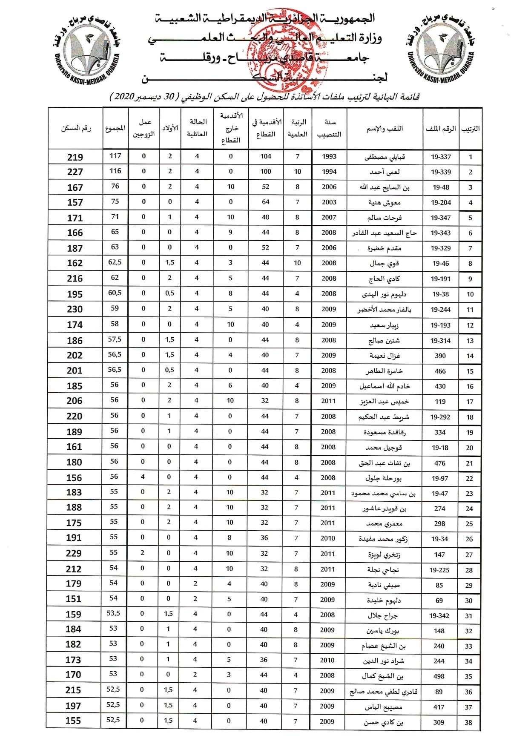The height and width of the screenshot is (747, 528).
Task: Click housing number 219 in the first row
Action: point(75,157)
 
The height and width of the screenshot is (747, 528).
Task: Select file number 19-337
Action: point(441,157)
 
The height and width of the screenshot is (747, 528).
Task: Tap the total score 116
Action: point(115,171)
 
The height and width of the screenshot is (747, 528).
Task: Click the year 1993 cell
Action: point(329,156)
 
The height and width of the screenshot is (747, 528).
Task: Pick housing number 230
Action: point(75,309)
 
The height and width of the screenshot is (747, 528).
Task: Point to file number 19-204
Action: point(441,202)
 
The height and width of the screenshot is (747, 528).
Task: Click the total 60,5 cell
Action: point(115,293)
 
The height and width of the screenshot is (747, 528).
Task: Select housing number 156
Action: point(74,478)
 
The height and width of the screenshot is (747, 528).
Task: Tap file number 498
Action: point(439,676)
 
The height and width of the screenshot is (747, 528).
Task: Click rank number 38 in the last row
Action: point(468,722)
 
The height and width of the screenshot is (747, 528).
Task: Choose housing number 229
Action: point(74,553)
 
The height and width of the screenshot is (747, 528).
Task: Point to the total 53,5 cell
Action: point(113,613)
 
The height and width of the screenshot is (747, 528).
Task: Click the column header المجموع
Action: point(115,128)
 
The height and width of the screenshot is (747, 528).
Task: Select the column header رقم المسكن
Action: point(76,128)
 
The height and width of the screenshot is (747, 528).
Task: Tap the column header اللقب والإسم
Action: point(385,128)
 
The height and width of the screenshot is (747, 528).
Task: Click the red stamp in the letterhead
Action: point(290,49)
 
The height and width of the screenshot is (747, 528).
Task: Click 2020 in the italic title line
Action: point(123,97)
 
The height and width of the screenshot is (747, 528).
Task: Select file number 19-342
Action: point(439,615)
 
